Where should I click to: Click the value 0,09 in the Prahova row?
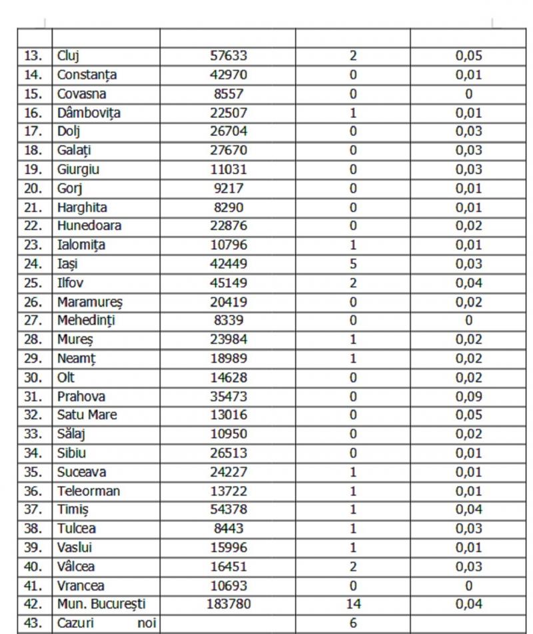coord(468,396)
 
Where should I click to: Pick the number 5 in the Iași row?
coord(353,264)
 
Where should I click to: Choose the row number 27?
coord(33,321)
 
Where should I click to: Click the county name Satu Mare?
coord(87,415)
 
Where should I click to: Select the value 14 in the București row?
coord(353,605)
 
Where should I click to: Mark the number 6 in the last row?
coord(353,624)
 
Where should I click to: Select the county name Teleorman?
coord(89,491)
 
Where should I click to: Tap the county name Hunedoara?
coord(89,226)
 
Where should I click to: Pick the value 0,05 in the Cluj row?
coord(468,56)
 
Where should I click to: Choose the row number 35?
coord(33,472)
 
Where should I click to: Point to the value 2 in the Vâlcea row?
coord(353,567)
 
